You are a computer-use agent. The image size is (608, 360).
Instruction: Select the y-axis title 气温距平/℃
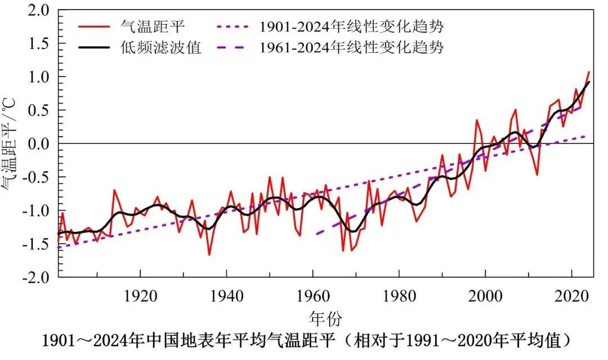[x=11, y=143]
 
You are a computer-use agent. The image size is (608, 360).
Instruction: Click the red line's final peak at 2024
[x=589, y=71]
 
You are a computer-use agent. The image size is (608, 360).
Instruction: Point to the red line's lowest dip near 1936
[x=209, y=255]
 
